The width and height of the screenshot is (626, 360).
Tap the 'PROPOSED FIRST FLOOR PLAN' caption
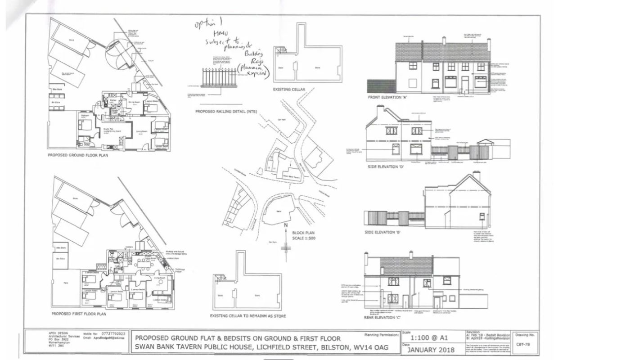coord(79,314)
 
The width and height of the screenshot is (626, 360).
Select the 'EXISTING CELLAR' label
coord(289,90)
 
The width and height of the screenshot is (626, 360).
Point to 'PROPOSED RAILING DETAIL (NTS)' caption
coord(224,111)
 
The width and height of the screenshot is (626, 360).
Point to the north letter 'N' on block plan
coord(285,225)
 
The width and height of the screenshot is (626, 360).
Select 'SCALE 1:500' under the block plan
coord(304,238)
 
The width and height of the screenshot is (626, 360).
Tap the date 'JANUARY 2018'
coord(431,350)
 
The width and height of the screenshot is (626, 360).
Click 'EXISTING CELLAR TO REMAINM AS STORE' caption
coord(248,316)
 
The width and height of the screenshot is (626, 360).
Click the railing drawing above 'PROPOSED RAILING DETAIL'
coord(219,77)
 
